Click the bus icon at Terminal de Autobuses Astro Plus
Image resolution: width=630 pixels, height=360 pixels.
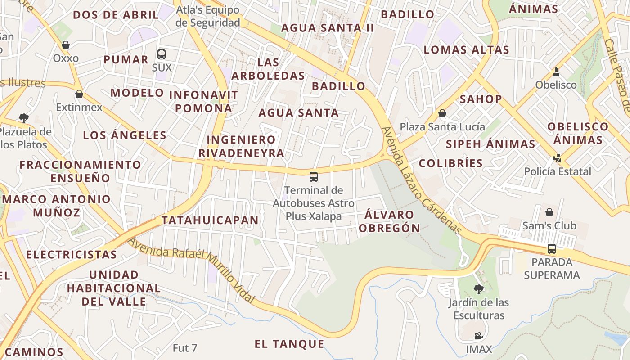coord(314,177)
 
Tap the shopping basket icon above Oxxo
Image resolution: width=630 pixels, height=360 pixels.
coord(66,45)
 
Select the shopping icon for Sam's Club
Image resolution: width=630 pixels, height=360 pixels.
coord(549,212)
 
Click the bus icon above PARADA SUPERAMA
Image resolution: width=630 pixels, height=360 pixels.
coord(551,248)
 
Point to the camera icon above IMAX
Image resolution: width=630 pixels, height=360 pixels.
coord(478,336)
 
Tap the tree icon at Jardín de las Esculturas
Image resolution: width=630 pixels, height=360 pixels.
coord(478,289)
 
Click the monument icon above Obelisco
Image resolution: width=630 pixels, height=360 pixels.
coord(556,72)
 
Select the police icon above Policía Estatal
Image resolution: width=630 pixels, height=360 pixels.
coord(558,158)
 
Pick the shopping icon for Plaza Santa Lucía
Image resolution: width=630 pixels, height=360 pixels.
coord(442,113)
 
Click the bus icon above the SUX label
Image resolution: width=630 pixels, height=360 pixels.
coord(162,54)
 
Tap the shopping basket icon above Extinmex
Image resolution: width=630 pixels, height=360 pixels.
coord(79,94)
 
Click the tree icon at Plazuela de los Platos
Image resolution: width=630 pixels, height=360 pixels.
coord(24,118)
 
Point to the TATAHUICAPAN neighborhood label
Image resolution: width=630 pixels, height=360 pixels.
coord(210,220)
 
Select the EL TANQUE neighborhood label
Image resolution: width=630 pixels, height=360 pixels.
coord(289,344)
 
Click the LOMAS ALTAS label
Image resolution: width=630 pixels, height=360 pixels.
coord(466,50)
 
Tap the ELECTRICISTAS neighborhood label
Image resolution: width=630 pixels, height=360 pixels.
coord(72,255)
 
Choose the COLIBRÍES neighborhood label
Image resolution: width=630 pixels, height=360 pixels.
coord(451,163)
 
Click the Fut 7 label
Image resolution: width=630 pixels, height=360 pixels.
coord(185,348)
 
